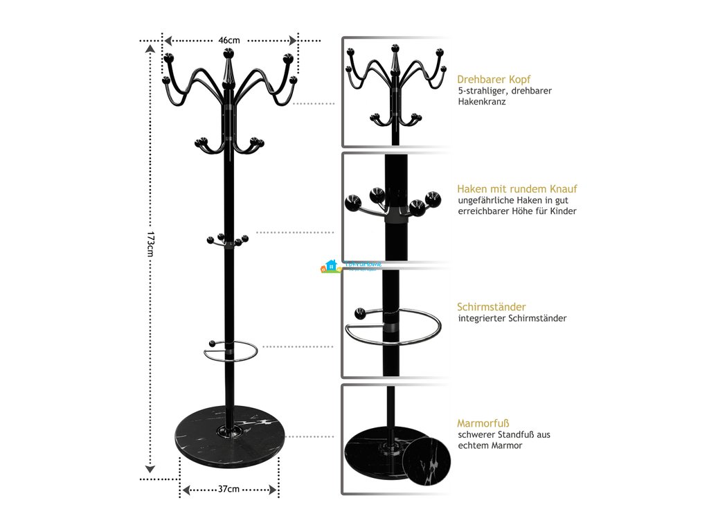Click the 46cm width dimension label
229,40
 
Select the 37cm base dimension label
228,489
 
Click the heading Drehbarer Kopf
494,79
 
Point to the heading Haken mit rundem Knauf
517,188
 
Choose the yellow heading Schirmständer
491,307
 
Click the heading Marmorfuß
479,423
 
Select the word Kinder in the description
562,211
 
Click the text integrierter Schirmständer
512,319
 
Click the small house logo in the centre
330,266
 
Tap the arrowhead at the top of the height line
150,48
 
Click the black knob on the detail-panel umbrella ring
359,312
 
